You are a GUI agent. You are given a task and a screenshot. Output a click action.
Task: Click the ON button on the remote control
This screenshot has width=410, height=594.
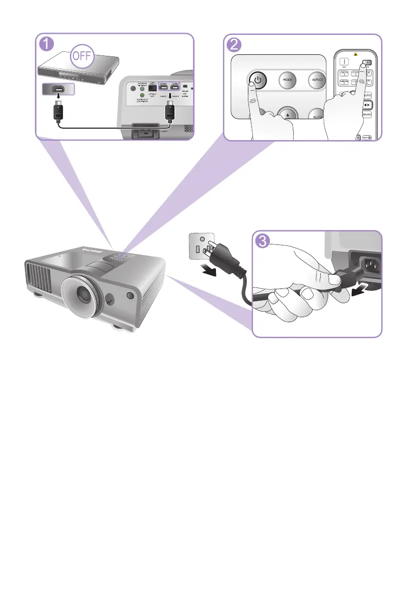click(x=343, y=63)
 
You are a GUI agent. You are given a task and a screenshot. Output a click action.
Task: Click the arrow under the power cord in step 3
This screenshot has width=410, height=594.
click(x=359, y=288)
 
